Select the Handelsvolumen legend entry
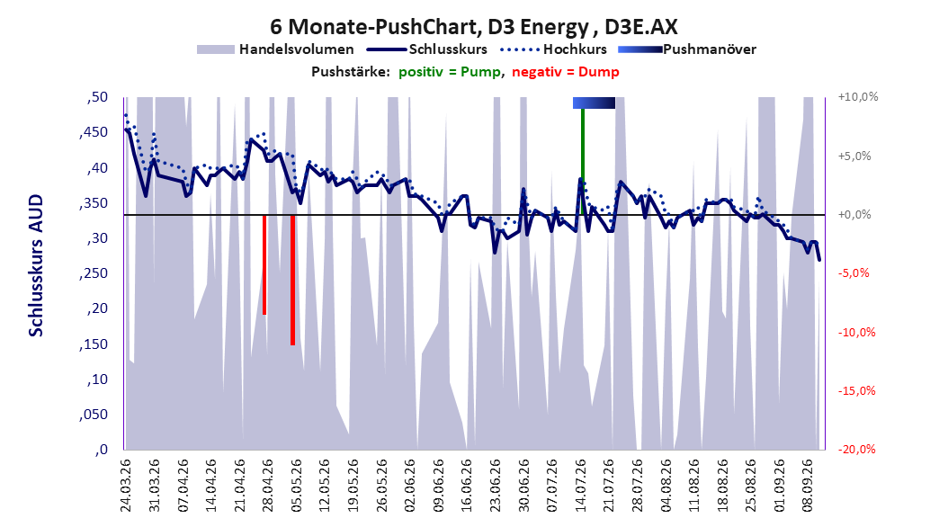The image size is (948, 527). click(276, 49)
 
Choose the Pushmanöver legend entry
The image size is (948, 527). click(687, 49)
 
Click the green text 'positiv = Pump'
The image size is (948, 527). click(449, 72)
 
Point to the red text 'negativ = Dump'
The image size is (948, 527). click(566, 72)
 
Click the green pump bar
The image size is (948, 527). click(583, 161)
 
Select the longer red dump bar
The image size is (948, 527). click(292, 280)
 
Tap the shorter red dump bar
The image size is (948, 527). click(264, 264)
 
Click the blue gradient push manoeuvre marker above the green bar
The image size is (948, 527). click(594, 103)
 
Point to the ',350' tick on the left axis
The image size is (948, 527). click(94, 203)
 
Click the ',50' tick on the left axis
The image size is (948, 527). click(97, 97)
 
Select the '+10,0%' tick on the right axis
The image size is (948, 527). click(858, 97)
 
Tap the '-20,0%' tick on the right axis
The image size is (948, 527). click(856, 449)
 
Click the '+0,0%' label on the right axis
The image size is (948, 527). click(854, 215)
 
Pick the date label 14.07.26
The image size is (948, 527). click(580, 486)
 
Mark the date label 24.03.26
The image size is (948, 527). click(126, 486)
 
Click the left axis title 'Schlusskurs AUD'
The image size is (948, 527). click(36, 265)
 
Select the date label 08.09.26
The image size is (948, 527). click(808, 486)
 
